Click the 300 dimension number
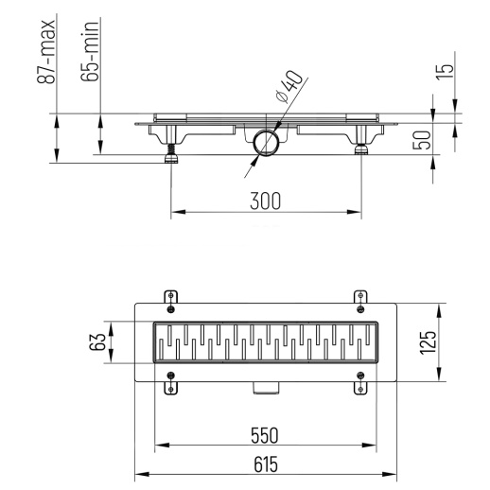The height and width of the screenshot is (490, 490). pos(266,200)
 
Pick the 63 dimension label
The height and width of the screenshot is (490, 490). pos(97,341)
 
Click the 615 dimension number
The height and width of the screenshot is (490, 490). pos(266,464)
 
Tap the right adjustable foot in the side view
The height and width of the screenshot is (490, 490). pos(362,149)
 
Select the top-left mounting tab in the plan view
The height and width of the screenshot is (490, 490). pos(170,299)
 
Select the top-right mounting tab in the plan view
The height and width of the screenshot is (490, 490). pos(360,299)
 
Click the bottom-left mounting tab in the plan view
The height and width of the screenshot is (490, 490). pos(170,384)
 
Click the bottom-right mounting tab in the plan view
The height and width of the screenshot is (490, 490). pos(360,384)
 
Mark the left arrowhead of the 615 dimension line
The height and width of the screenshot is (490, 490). pos(138,474)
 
